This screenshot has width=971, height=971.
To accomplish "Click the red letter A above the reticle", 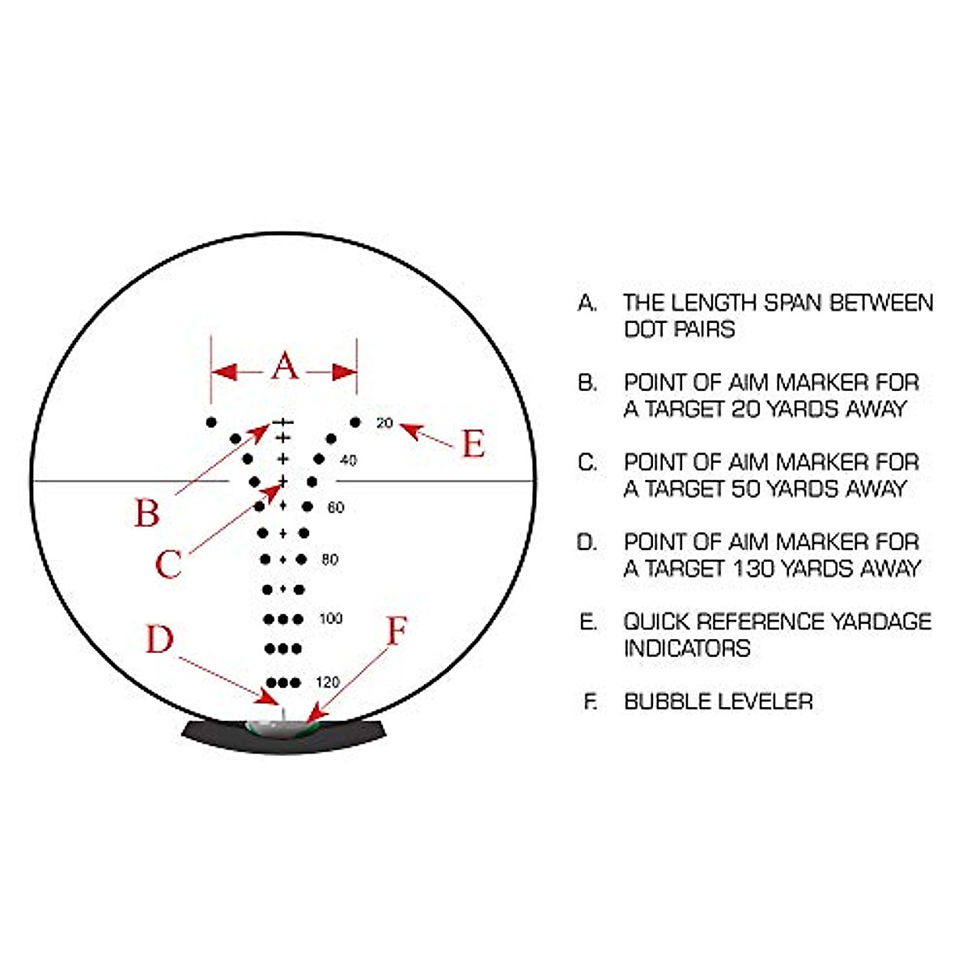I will [284, 366].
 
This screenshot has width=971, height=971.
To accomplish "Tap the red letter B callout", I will [146, 513].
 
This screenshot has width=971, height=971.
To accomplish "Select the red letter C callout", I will [167, 564].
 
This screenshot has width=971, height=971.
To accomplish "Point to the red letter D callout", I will [159, 639].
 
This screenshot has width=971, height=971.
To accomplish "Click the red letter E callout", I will [473, 444].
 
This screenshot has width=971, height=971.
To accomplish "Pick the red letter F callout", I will [396, 632].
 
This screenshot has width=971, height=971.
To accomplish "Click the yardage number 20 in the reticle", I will [384, 423].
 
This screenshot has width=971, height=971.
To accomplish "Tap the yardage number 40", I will [348, 460].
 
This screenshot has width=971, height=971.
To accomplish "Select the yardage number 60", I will [336, 507].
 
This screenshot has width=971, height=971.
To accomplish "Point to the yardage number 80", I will [330, 559].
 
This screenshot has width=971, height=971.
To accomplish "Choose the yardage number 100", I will [331, 619].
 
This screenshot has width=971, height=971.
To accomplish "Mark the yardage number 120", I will [328, 682].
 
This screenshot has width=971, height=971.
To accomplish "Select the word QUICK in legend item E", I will [655, 621].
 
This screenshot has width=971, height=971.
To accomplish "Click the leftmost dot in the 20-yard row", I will [211, 422].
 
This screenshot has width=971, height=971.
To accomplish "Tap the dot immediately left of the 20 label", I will [354, 422].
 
